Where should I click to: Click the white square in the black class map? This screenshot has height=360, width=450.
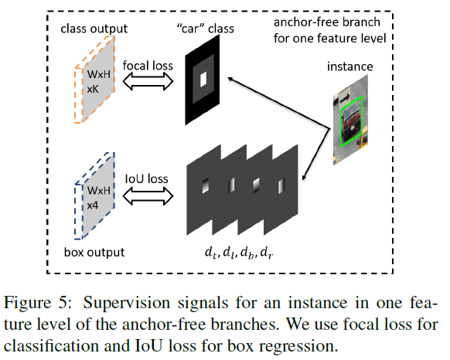(203, 78)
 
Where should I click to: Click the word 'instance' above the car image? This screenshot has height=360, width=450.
(350, 67)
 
